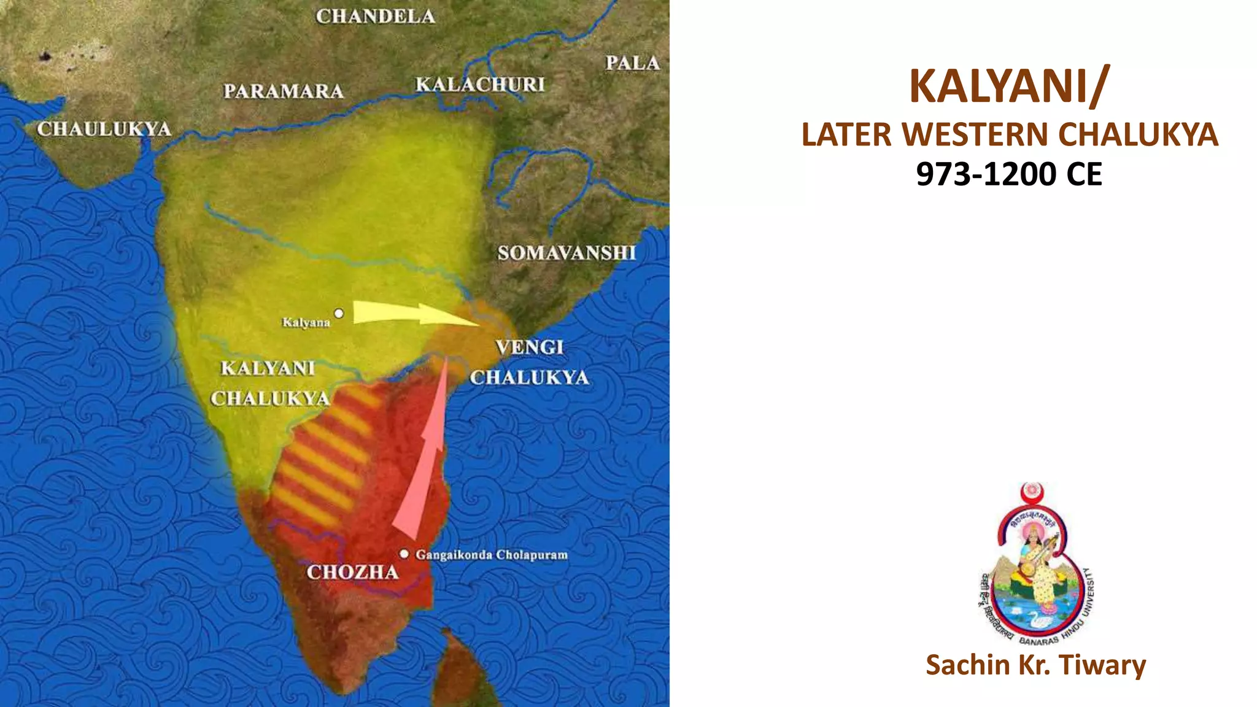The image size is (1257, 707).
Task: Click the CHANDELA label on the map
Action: pos(376,17)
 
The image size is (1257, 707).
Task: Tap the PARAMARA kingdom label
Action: pos(284,91)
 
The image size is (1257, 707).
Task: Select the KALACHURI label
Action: pos(480,85)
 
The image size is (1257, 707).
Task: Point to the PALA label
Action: pos(632,63)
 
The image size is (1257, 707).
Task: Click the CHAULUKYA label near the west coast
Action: pos(104,129)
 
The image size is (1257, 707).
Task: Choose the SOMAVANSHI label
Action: pos(567,253)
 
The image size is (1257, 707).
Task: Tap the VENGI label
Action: pos(529,347)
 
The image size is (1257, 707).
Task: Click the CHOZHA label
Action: pos(353,573)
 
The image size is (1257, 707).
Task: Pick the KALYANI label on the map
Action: pos(268,368)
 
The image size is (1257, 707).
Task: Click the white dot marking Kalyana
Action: pos(339,314)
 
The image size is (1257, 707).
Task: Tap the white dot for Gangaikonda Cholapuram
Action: pos(404,554)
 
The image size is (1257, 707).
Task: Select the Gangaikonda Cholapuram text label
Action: pos(492,555)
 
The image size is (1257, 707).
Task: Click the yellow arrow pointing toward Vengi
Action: pos(411,313)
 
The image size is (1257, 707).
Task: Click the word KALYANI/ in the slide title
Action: pos(1009,86)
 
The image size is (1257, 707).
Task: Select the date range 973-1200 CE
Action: pos(1009,174)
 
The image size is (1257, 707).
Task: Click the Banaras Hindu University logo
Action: pos(1036,565)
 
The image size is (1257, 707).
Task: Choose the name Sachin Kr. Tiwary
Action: pos(1035,665)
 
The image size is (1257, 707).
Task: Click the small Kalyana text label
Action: pos(306,323)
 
